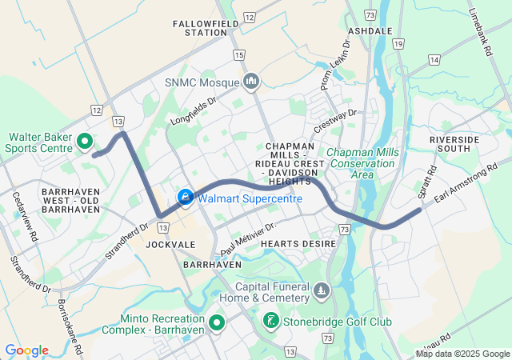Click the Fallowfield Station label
(200, 28)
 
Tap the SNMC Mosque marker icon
(251, 81)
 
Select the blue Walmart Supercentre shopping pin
(185, 197)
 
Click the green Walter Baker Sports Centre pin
(85, 142)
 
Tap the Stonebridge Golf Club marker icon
(271, 322)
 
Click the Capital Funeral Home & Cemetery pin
(321, 290)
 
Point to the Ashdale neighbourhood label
(370, 30)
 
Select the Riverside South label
(454, 144)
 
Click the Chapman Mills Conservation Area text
(362, 163)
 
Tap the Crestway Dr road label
(334, 122)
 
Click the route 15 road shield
(238, 54)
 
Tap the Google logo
(27, 350)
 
